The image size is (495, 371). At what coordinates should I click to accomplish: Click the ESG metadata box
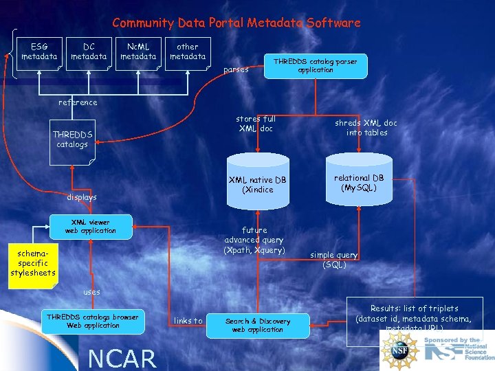coord(39,52)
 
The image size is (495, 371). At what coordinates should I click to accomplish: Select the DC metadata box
coord(89,52)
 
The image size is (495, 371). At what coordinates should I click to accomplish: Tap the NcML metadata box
coord(138,52)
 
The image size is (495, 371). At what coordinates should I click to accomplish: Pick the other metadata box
coord(188,52)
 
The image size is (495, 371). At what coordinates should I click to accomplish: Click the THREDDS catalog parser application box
coord(316,66)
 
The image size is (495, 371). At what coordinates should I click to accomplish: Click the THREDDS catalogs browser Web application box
coord(93,321)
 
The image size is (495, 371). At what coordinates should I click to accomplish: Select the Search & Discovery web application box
coord(258,325)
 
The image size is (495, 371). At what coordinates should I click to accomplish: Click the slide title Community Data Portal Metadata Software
coord(236,23)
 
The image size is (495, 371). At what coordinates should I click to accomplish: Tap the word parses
coord(236,69)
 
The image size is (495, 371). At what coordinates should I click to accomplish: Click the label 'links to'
coord(188,321)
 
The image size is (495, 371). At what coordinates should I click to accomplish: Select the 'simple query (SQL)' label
coord(333,259)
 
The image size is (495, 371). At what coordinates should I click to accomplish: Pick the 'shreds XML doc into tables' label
coord(366,128)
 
